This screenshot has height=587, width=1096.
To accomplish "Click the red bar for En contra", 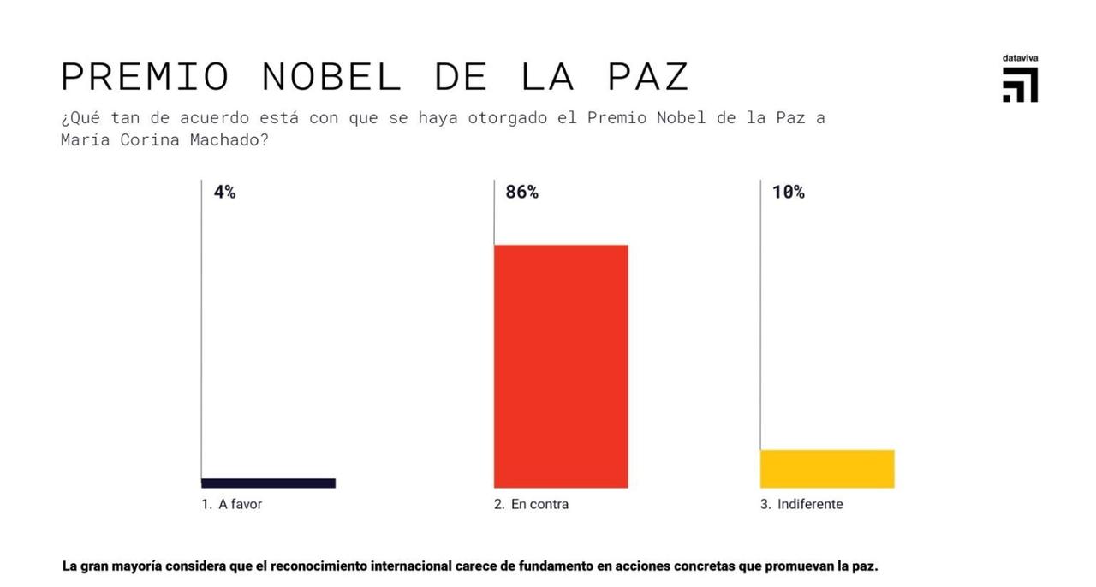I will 561,366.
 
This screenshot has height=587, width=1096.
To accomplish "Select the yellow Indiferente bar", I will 827,469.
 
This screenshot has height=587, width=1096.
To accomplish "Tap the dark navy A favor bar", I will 268,483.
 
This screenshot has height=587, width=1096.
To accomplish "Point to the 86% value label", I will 521,193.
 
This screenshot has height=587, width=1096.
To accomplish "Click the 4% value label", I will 224,193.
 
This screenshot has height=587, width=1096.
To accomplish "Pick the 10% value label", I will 788,193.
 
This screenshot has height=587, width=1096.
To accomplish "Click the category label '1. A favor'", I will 232,504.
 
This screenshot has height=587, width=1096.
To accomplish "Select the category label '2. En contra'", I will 531,504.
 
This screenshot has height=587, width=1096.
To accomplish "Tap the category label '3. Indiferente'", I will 801,504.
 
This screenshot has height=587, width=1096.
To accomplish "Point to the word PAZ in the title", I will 648,77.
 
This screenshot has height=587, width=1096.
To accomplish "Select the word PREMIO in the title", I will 146,77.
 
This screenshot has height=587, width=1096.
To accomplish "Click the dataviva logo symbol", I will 1020,86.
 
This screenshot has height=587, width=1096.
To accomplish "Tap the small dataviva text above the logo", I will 1020,58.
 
